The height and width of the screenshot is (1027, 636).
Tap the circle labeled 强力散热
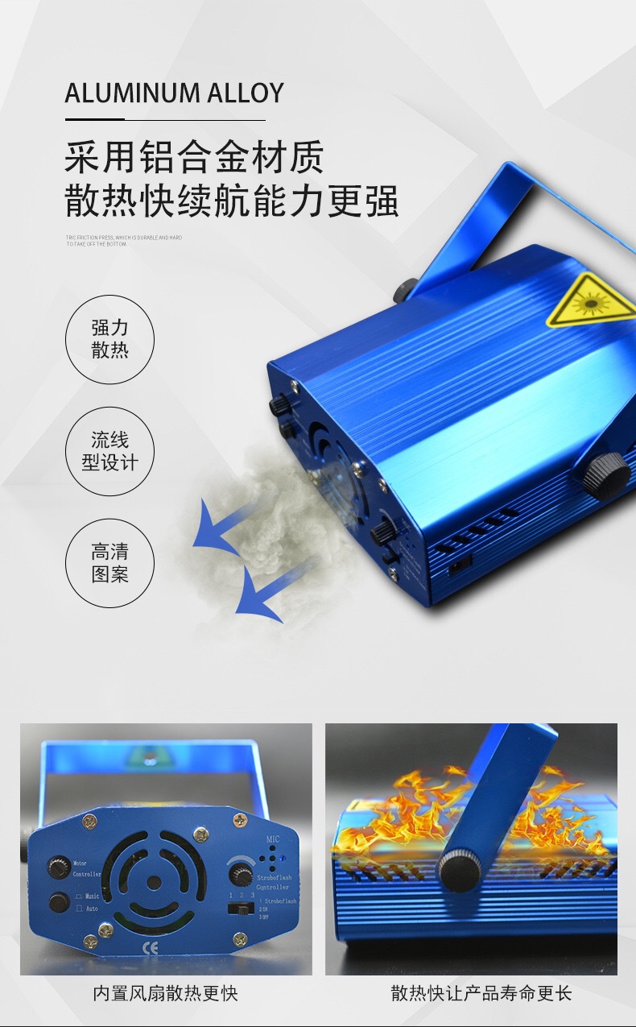109,339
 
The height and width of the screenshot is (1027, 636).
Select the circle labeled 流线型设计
109,451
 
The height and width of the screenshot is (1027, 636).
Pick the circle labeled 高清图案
109,563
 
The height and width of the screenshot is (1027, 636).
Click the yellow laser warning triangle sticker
591,300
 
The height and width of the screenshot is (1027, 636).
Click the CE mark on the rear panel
150,948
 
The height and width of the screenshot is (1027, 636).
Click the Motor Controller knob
59,868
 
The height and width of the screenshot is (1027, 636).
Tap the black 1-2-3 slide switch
239,908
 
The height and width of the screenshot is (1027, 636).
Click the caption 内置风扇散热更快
166,993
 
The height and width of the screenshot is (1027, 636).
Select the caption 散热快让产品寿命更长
481,993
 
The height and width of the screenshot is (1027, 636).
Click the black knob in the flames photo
460,870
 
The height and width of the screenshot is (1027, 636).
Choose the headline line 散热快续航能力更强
232,200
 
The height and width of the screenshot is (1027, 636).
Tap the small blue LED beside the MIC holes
287,855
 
